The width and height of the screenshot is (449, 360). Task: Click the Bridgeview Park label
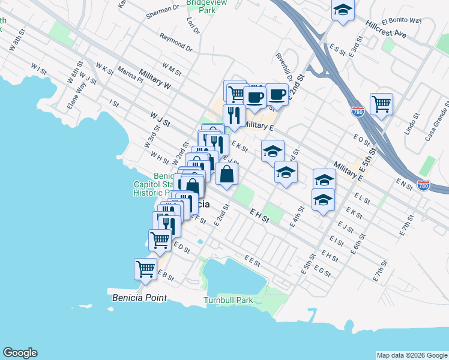pos(200,6)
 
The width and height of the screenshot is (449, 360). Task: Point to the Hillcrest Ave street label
pos(385,28)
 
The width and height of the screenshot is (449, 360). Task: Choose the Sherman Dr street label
pos(163,9)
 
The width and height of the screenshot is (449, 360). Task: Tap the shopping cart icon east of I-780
pos(381,104)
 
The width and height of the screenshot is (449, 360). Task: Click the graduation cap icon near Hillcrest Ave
pos(343,10)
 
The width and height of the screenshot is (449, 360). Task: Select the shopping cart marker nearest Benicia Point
pos(145,269)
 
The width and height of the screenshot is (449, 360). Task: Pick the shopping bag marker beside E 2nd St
pos(227,174)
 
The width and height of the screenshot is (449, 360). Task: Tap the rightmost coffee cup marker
pos(277,94)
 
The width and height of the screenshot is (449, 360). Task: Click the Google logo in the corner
pos(20,353)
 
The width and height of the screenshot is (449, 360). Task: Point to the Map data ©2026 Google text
pos(411,355)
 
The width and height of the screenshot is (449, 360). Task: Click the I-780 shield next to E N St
pos(424,186)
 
